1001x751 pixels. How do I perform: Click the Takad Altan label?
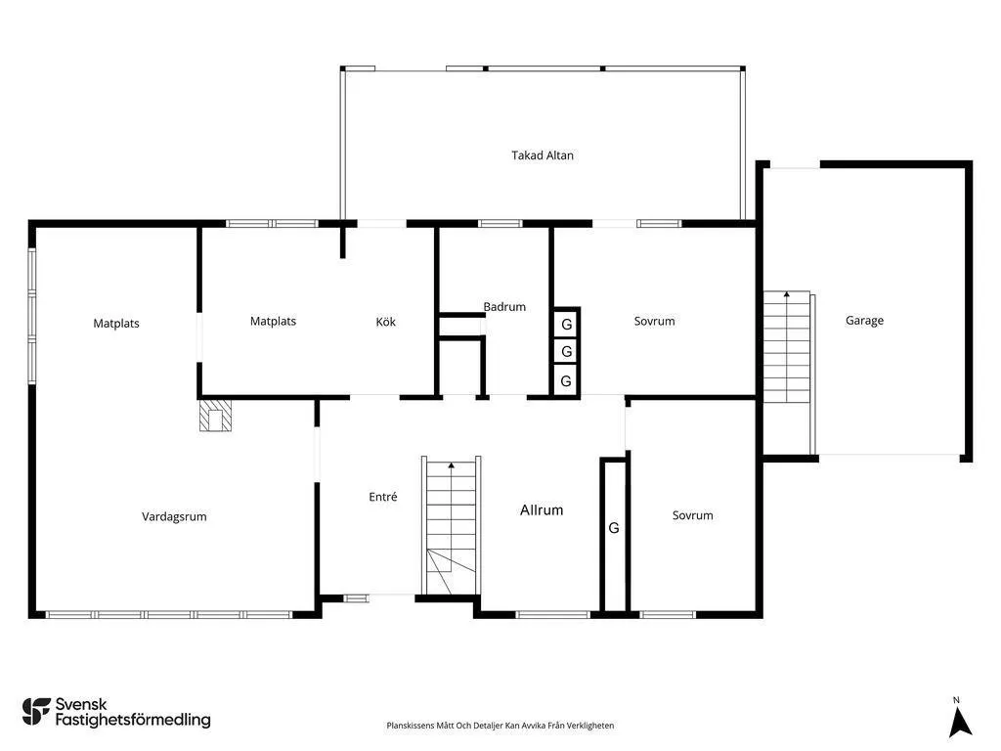(x=543, y=155)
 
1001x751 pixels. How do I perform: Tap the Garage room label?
(x=864, y=321)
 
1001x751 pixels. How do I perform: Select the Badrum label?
(x=504, y=307)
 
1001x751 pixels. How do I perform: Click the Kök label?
(x=386, y=322)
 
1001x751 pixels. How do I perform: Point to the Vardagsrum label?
(x=174, y=517)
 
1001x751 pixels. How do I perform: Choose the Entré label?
(x=383, y=497)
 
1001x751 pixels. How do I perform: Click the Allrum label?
(x=542, y=510)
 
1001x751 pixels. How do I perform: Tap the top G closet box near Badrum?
(x=566, y=325)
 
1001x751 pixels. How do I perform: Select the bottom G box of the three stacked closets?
(x=566, y=381)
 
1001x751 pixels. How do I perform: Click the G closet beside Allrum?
(x=614, y=528)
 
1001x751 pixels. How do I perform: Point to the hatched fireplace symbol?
(x=216, y=417)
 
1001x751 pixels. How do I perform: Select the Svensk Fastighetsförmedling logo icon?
(x=36, y=712)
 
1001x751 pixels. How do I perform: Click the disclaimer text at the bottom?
(x=500, y=726)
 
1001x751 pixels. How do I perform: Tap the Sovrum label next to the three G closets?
(x=654, y=322)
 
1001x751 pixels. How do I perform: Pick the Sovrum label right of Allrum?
(x=692, y=515)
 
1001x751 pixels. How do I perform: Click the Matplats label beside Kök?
(x=273, y=321)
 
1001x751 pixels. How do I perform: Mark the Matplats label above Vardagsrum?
(x=116, y=324)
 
